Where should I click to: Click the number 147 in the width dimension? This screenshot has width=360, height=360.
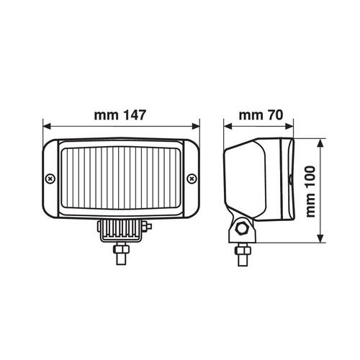tap(135, 115)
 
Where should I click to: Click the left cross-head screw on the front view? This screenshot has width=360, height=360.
tap(50, 179)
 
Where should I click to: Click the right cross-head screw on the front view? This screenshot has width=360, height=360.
tap(192, 179)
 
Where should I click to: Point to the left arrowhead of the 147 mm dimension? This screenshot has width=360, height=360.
tap(47, 126)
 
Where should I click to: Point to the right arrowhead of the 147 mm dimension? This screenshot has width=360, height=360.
tap(196, 126)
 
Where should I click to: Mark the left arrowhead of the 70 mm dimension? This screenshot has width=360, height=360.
tap(228, 126)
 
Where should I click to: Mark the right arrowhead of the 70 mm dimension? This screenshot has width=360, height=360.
tap(289, 126)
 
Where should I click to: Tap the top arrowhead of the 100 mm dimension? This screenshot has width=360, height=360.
tap(320, 143)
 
